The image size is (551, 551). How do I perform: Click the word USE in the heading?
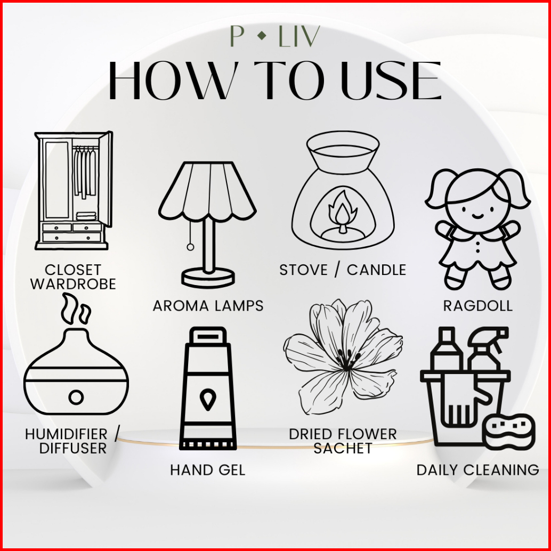coord(391,81)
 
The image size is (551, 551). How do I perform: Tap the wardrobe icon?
coord(74,190)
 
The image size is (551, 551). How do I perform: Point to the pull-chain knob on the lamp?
coord(190,247)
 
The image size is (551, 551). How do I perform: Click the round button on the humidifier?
coord(76,397)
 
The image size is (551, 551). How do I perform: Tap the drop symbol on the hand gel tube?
coord(208,399)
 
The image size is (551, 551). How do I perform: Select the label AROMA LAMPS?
coord(208,306)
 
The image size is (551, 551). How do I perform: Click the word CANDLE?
coord(376,270)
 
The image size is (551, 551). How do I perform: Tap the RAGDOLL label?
coord(478,306)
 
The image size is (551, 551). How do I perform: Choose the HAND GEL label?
coord(208,470)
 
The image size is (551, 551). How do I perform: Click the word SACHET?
coord(343,448)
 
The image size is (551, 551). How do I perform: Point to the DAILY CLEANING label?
coord(478,470)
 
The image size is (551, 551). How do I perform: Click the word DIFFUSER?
coord(73,448)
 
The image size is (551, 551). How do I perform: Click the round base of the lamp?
coord(208,278)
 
